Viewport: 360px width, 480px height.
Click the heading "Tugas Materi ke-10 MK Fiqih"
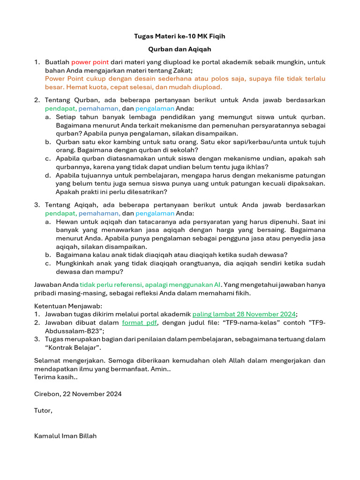180,36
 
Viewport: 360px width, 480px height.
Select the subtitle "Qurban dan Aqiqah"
180,49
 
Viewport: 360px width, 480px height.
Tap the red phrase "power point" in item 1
90,62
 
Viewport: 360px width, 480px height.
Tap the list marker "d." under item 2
48,175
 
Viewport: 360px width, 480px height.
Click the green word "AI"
217,285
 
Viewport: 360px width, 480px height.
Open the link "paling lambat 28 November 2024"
244,315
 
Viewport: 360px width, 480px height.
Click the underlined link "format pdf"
139,323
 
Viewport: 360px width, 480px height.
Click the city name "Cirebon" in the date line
47,394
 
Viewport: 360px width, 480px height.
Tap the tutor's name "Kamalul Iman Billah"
65,436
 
